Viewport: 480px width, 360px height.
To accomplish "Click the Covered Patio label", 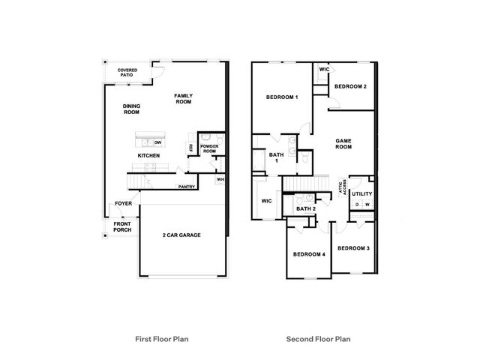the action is point(127,73).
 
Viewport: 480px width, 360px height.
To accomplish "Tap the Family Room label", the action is point(183,98).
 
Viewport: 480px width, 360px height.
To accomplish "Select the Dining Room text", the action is point(131,109).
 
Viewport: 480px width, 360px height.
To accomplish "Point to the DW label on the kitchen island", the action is point(157,142).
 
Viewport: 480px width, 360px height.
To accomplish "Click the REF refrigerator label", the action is point(190,148).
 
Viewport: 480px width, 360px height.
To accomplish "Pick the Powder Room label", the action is point(209,148).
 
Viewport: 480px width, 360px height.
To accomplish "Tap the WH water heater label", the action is point(220,179).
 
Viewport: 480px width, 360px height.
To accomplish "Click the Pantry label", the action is point(187,187).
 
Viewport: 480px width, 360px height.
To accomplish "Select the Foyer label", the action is point(123,203).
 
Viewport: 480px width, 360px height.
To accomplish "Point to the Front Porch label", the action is point(122,226).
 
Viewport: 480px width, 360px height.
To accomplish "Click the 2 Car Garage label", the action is point(181,235).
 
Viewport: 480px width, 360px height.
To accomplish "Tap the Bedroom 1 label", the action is point(282,97).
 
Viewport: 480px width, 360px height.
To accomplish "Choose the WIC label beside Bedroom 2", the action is point(324,69).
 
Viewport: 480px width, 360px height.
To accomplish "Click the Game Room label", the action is point(343,144).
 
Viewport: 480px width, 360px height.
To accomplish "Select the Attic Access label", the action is point(343,187).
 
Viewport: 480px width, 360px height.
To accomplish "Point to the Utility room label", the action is point(361,193).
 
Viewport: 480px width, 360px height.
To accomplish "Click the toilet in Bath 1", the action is point(305,158).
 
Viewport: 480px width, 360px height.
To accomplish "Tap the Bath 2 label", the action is point(306,208).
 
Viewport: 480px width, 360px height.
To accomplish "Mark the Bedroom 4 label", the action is point(309,254).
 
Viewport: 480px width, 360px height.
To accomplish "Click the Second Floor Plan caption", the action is point(318,339).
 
